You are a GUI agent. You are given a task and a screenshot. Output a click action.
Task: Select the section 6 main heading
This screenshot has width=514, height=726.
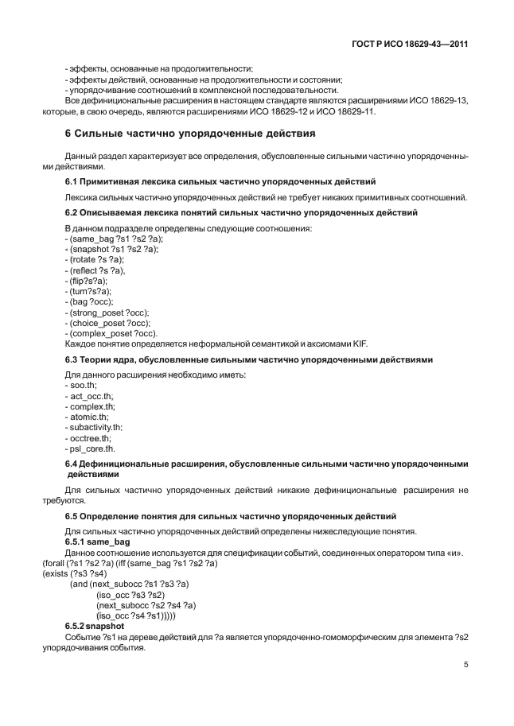tap(189, 133)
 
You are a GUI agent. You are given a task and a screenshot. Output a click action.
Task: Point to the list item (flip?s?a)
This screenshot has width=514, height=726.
tap(87, 281)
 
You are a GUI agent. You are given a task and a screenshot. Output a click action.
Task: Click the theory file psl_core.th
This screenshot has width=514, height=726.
tap(91, 448)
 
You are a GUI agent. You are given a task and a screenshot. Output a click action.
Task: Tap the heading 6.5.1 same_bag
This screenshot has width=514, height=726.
tap(96, 541)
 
